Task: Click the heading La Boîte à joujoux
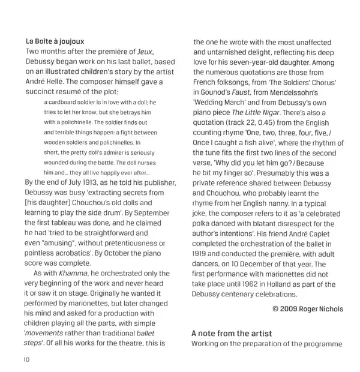(x=55, y=41)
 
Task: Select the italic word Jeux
(x=144, y=52)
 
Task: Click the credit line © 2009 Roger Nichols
(x=308, y=309)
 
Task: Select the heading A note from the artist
(x=232, y=333)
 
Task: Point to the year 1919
(x=202, y=254)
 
